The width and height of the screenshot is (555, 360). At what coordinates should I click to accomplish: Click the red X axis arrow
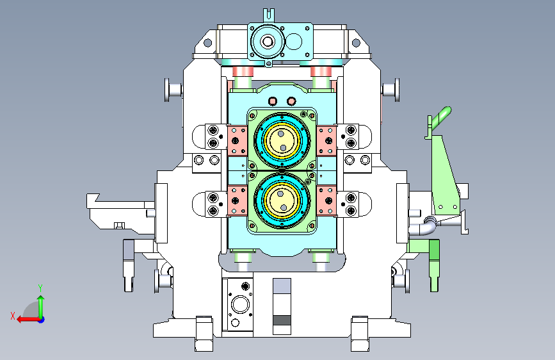(28, 320)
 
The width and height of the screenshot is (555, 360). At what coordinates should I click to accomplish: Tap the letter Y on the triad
(40, 288)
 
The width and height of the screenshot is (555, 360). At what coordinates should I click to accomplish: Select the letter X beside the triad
(13, 316)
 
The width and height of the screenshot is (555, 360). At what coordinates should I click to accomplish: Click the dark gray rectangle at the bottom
(282, 320)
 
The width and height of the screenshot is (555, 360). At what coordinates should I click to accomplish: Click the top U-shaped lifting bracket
(269, 15)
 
